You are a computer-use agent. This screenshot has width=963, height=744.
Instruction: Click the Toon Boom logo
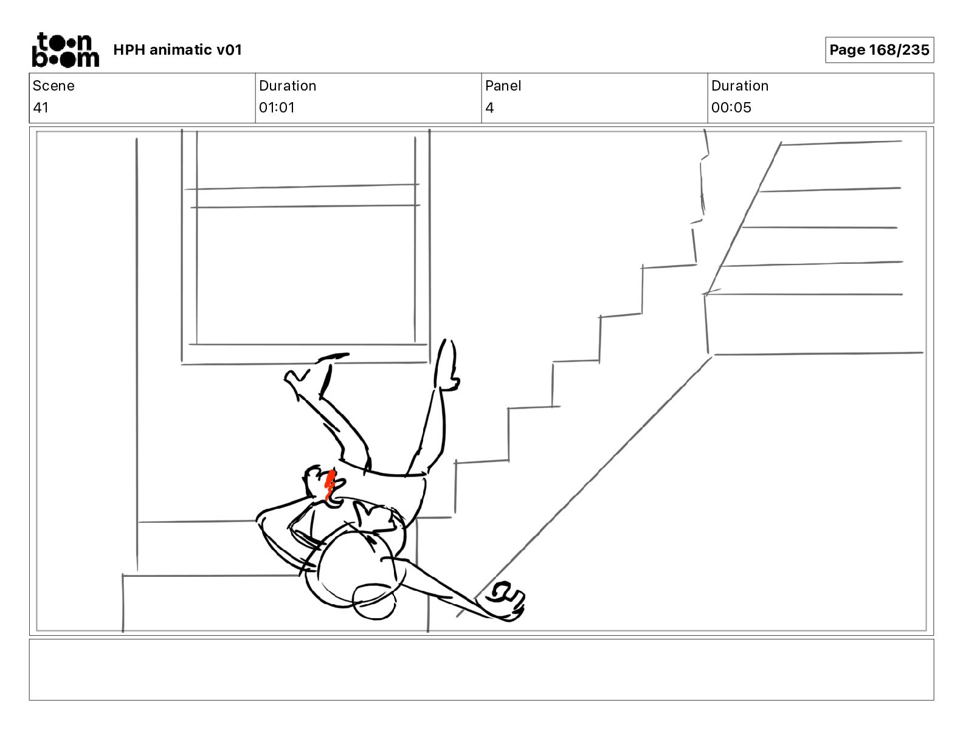pos(65,50)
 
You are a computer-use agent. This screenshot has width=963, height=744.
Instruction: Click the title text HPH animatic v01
pos(178,50)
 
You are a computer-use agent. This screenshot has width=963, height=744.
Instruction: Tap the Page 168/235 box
pos(879,50)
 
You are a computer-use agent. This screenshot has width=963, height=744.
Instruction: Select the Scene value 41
pos(41,108)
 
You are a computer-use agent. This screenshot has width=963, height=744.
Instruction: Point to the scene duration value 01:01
pos(277,108)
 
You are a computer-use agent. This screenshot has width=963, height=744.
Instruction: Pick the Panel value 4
pos(489,108)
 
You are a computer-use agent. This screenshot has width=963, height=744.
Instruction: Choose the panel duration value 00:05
pos(731,108)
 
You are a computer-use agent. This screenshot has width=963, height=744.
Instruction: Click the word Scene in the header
pos(53,86)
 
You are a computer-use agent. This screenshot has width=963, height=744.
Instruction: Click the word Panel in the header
pos(503,86)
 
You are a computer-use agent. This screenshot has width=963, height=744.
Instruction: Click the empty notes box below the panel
pos(481,669)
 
